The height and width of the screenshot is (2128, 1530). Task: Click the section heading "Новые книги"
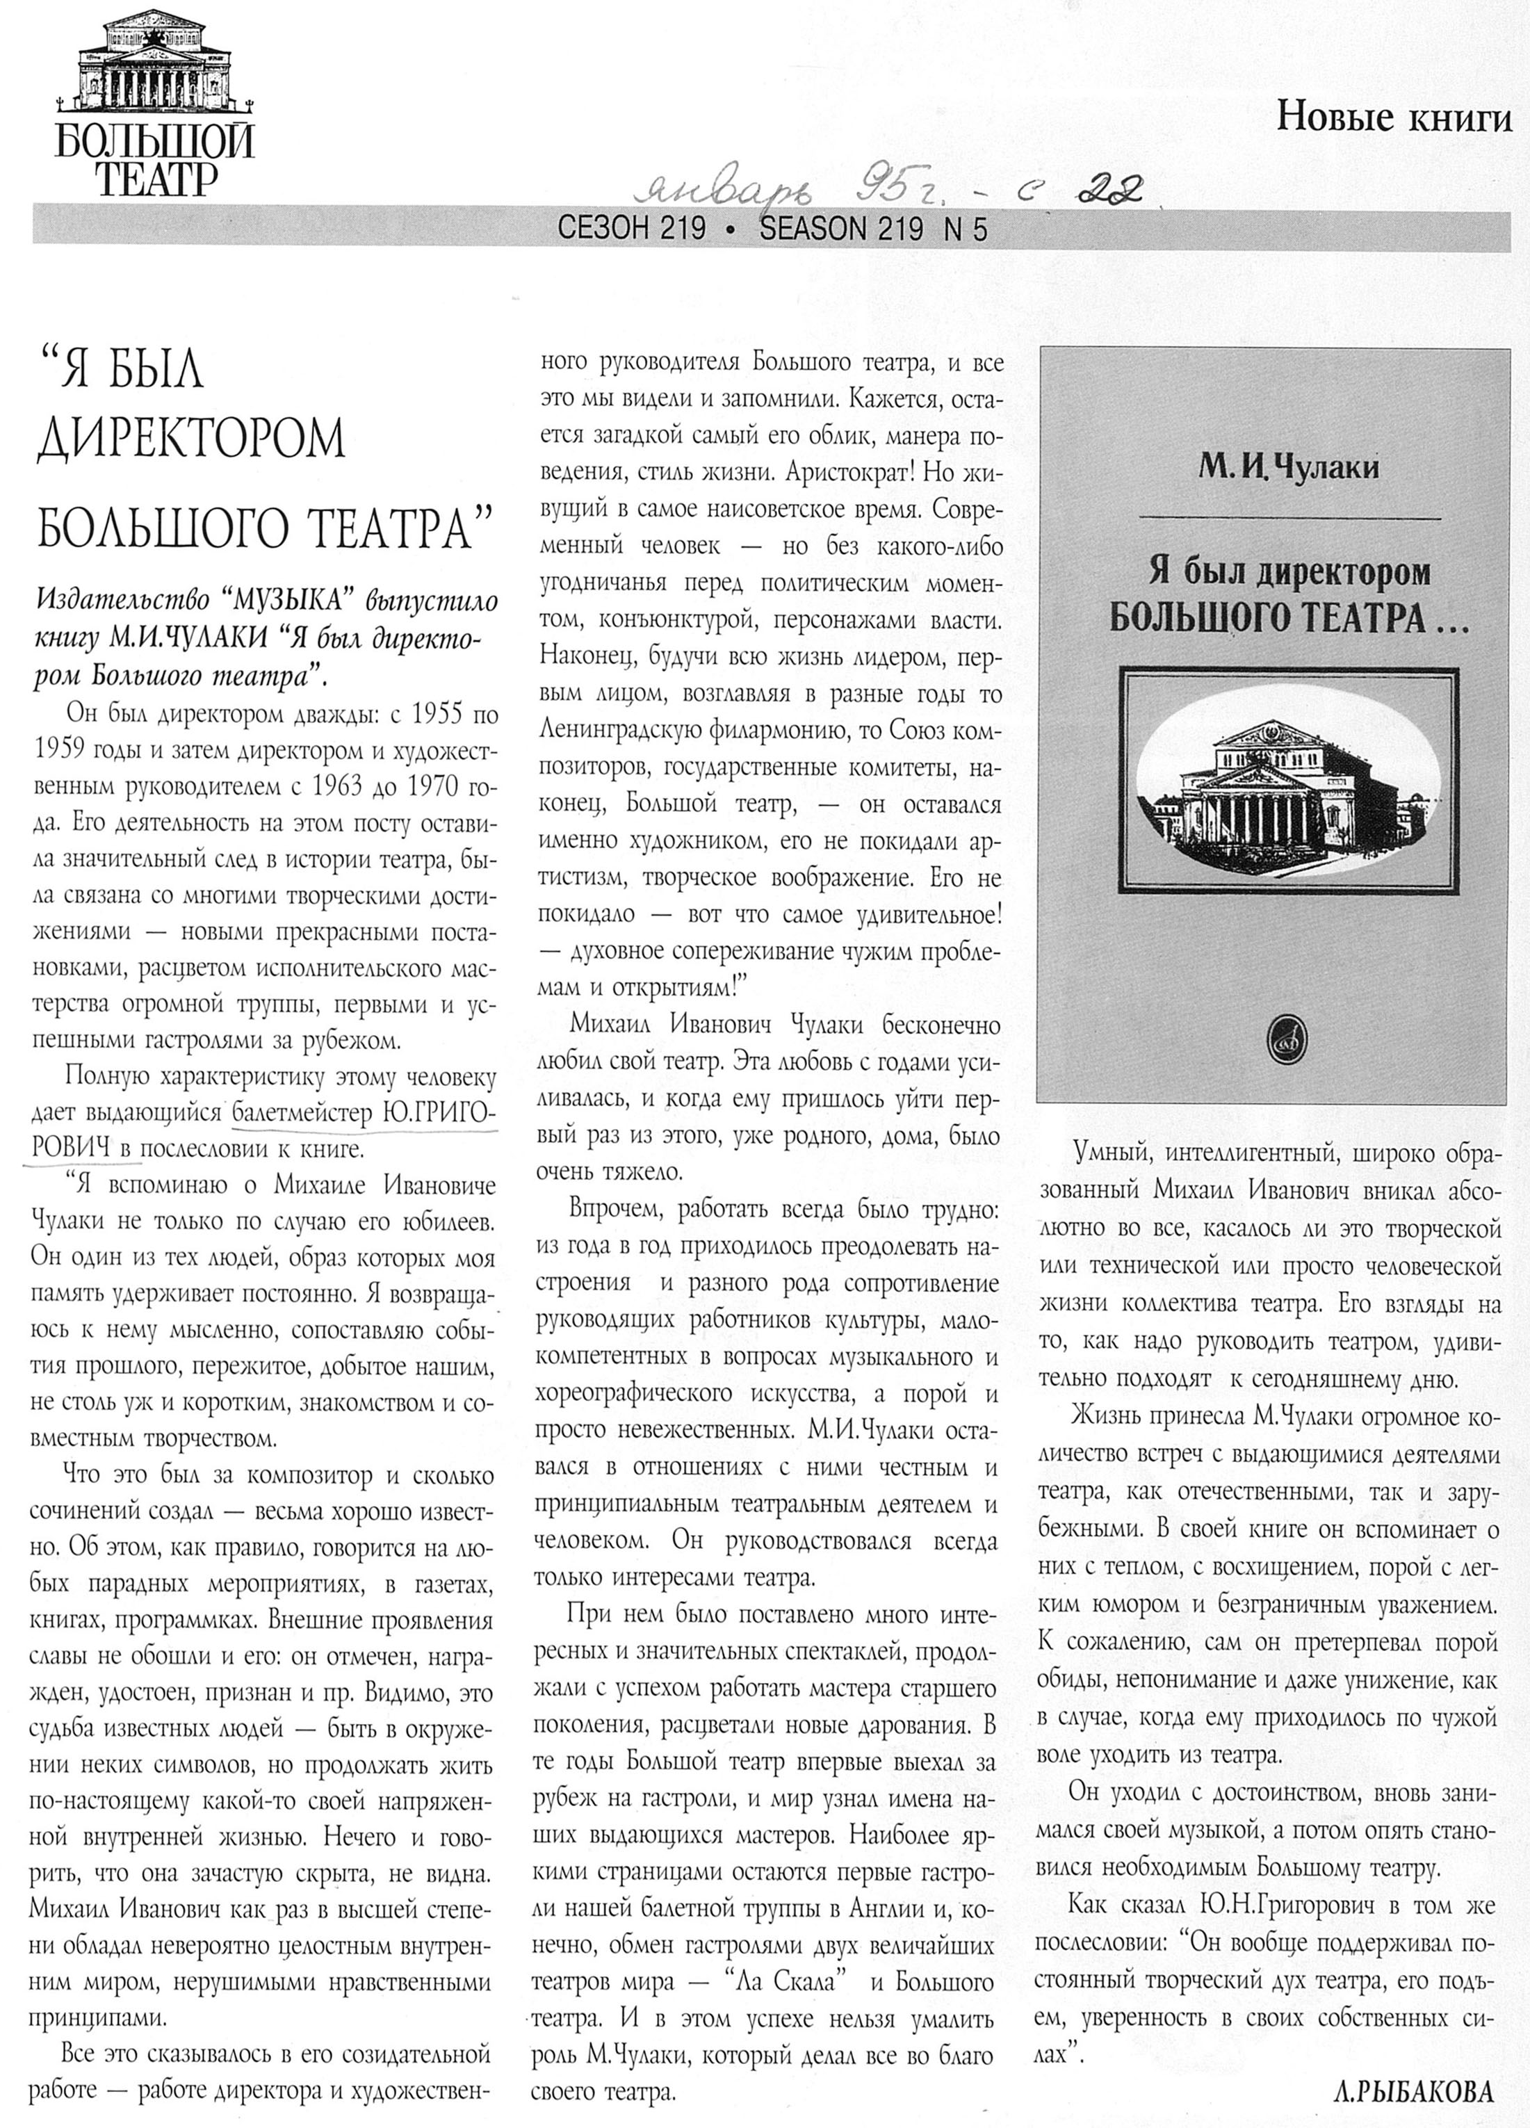point(1395,118)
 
